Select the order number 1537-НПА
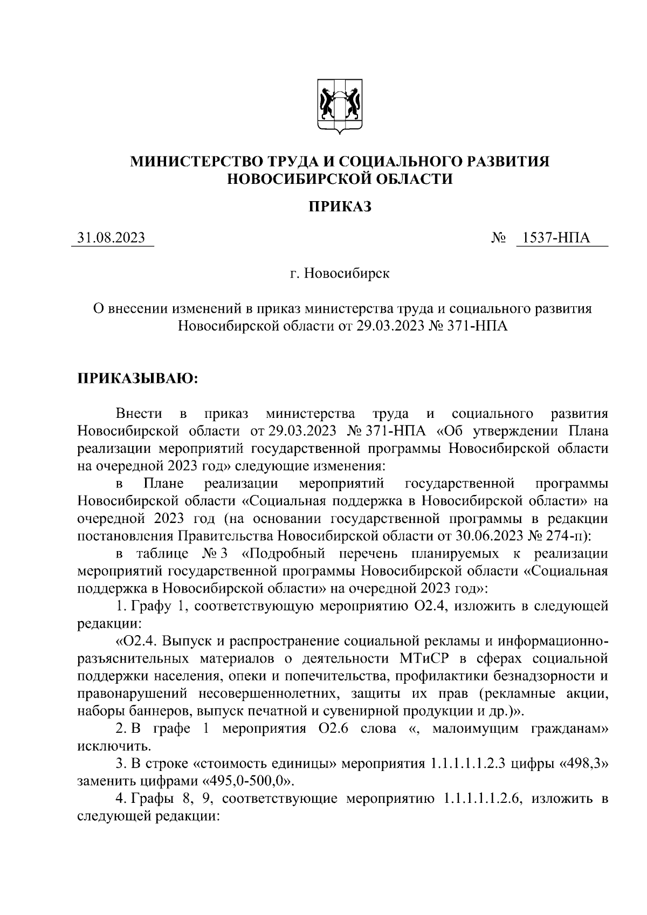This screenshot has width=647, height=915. click(561, 238)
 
